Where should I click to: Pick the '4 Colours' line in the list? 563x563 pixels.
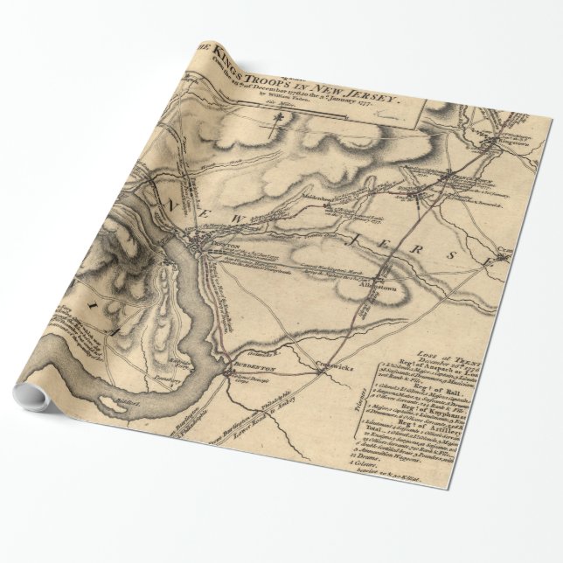[x=379, y=487]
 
